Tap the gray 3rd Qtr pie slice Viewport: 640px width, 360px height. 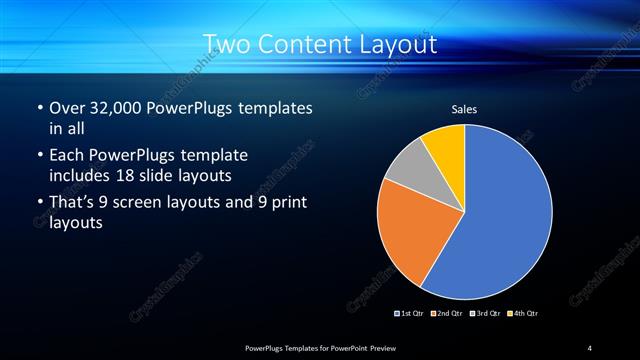pos(406,174)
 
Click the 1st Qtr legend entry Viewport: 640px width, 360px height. pos(411,313)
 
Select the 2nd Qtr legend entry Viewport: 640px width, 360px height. pos(446,313)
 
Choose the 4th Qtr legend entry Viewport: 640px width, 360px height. pos(523,313)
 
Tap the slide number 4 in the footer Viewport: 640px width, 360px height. pos(590,347)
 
